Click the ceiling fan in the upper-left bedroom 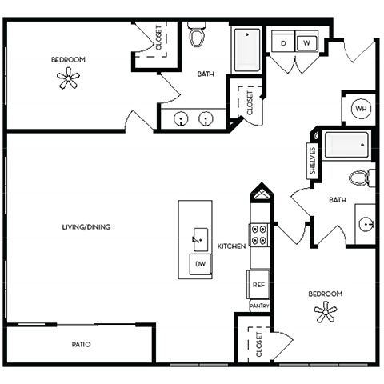(69, 78)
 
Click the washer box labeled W (308, 42)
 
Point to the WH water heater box (360, 109)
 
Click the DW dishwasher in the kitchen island (200, 264)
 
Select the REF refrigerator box (258, 284)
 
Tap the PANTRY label (258, 306)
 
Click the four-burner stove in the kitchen (259, 234)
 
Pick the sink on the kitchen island (196, 238)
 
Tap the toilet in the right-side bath (359, 178)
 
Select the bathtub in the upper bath (246, 50)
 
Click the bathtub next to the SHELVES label (346, 146)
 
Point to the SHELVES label (312, 162)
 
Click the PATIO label (80, 344)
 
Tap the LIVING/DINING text (86, 227)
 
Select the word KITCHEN (232, 246)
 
